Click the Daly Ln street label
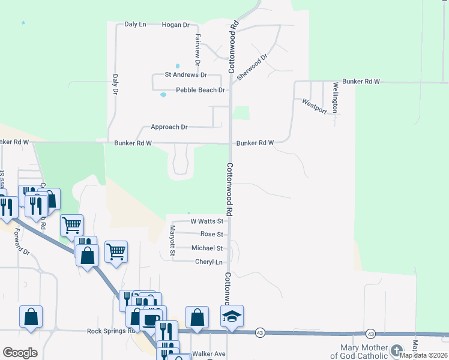pos(135,25)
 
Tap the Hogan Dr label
pos(176,25)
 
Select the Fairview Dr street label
pos(197,49)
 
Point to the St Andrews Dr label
pos(186,75)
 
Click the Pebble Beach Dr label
pos(200,90)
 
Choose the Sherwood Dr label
pos(252,68)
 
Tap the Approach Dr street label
pos(169,127)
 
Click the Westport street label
pos(315,106)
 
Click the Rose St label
pos(211,234)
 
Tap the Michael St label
pos(206,248)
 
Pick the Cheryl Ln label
pos(209,262)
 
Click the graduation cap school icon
pos(231,316)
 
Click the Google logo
pos(20,353)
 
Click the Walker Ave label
pos(208,354)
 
